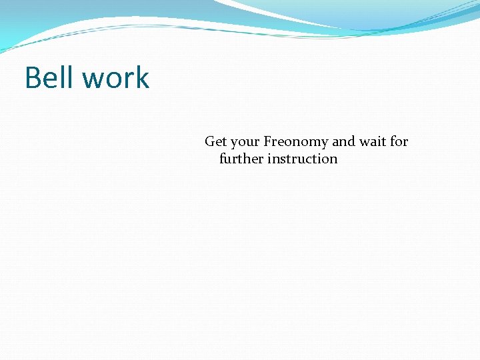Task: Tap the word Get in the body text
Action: (x=215, y=141)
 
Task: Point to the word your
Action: (x=245, y=143)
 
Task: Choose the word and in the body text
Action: (x=344, y=141)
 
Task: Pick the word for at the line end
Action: (x=399, y=141)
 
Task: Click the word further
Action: (x=241, y=159)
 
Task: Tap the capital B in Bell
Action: (x=33, y=78)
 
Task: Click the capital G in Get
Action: (x=210, y=141)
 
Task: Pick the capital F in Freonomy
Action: (x=268, y=141)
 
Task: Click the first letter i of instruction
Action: (x=269, y=159)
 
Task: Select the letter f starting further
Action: (x=222, y=159)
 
